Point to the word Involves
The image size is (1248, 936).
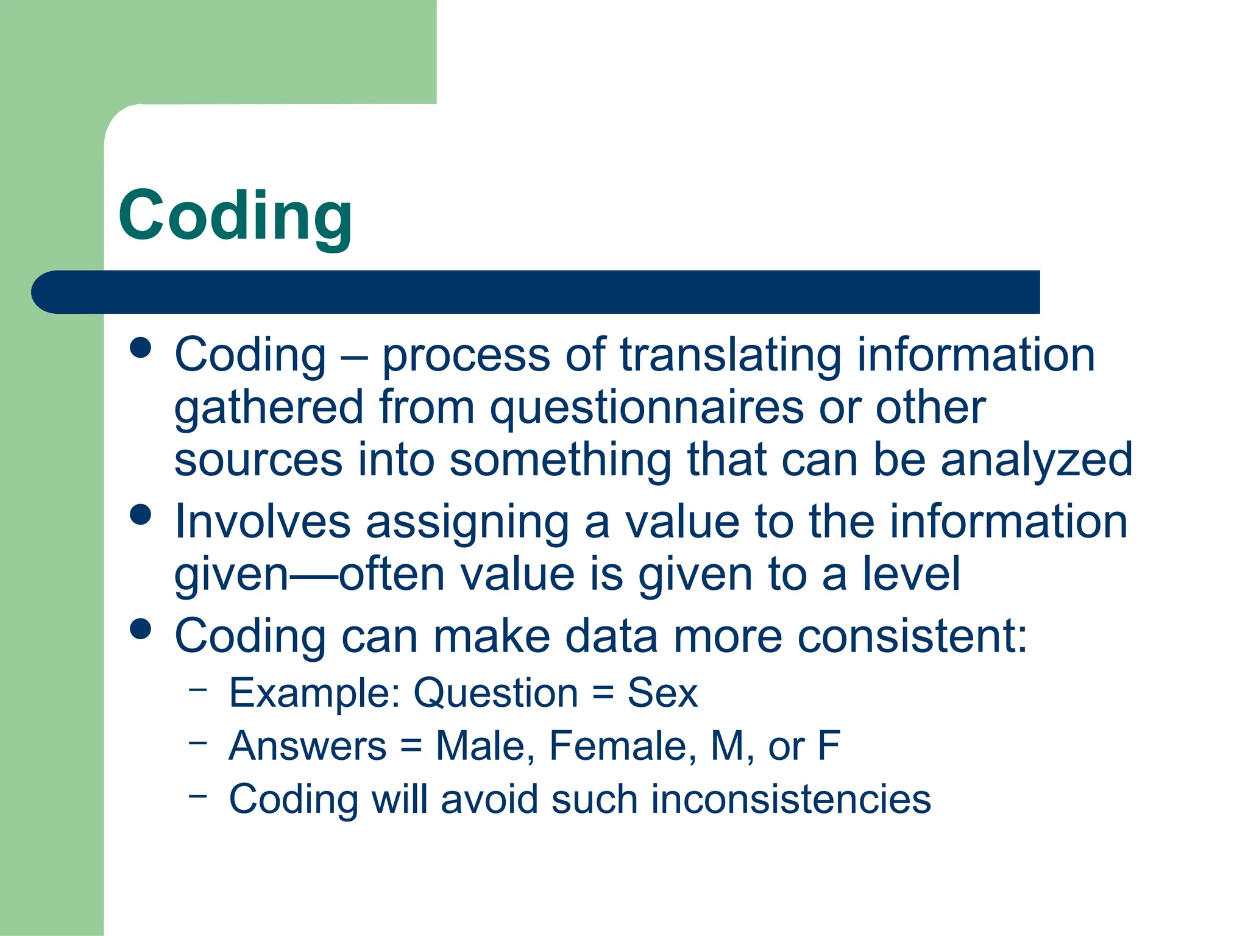click(x=263, y=522)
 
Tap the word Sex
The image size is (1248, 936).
click(x=662, y=693)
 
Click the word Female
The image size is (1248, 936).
click(x=623, y=746)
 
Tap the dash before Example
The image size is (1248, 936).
click(x=198, y=689)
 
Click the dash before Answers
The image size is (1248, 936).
click(x=198, y=742)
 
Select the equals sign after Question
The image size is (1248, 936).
click(x=602, y=693)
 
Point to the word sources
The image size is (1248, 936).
click(x=258, y=460)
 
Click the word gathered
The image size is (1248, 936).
click(x=269, y=408)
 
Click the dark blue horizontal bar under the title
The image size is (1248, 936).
click(x=536, y=292)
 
